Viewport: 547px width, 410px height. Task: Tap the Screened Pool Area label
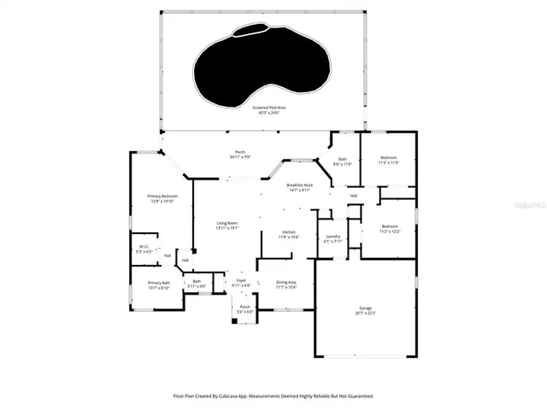[268, 108]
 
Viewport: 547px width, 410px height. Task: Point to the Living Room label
[226, 223]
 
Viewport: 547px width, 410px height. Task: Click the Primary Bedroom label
[162, 196]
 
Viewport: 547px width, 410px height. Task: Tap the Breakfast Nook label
[298, 185]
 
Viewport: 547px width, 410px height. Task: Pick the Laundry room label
[333, 237]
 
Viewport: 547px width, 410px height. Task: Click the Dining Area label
[286, 282]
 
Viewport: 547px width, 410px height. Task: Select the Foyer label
[242, 279]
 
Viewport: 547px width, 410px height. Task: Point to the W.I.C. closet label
[144, 247]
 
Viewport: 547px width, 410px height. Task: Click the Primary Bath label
[159, 283]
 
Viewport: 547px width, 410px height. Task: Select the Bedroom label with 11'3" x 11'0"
[389, 157]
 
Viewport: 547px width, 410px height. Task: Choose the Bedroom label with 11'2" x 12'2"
[389, 226]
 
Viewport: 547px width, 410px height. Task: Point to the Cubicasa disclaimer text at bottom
[273, 395]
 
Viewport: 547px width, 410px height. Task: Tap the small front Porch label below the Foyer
[245, 307]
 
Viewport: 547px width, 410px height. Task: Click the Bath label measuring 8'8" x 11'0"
[342, 159]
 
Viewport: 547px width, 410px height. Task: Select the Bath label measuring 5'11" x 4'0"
[197, 281]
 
